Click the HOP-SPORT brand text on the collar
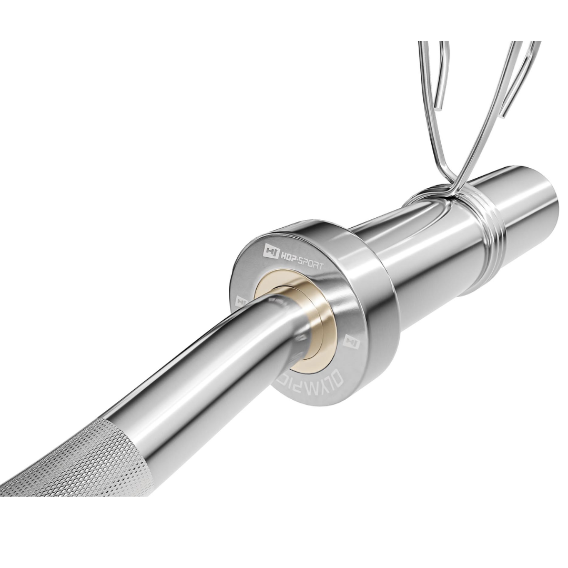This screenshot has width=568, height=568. pyautogui.click(x=302, y=258)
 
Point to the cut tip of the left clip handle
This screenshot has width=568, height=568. pyautogui.click(x=439, y=108)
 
